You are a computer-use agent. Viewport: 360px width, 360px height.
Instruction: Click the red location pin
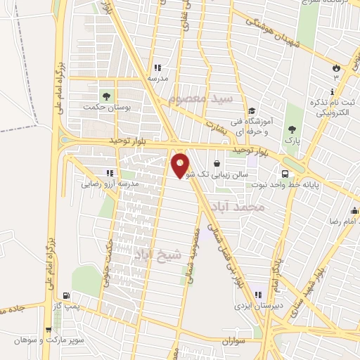(x=180, y=165)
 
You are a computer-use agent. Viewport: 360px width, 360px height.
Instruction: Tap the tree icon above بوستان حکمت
(x=106, y=96)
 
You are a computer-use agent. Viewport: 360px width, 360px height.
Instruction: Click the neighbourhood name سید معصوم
(x=206, y=98)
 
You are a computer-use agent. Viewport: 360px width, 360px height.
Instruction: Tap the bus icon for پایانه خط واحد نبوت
(x=285, y=174)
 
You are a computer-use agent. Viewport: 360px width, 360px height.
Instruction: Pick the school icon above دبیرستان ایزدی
(x=258, y=295)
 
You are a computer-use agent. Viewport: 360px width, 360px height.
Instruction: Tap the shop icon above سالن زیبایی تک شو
(x=226, y=162)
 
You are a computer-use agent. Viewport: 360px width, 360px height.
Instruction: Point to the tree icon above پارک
(x=292, y=129)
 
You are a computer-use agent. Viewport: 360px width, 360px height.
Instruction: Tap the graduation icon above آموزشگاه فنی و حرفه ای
(x=252, y=110)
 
